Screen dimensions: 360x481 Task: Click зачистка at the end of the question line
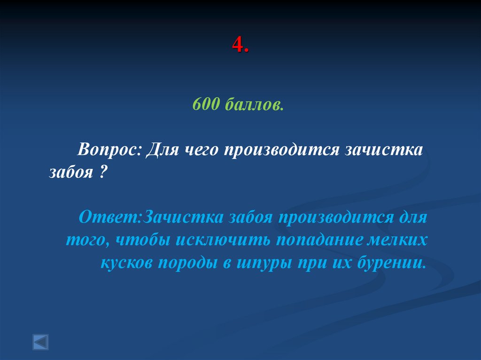point(385,151)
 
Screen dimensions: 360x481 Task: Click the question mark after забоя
point(102,173)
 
